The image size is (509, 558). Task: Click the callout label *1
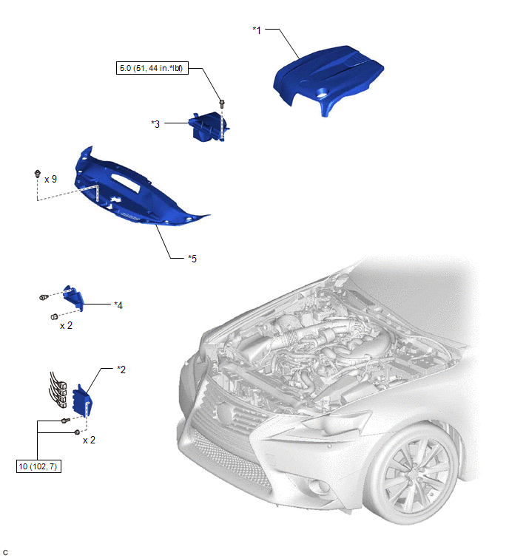257,30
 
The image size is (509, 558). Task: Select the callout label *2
121,370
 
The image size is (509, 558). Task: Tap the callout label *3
155,124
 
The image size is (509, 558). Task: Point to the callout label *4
118,305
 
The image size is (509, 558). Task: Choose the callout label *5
192,259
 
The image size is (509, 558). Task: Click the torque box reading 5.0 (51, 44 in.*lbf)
152,68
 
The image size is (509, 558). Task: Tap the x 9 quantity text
50,179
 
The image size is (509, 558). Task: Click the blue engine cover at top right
328,79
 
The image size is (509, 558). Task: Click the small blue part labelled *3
209,126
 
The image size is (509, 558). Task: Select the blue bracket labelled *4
73,298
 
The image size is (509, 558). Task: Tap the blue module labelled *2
82,401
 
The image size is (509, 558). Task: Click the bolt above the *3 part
222,103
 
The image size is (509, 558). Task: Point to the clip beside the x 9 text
37,174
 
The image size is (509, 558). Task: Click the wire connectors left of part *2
58,390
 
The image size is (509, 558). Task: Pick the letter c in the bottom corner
5,552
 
